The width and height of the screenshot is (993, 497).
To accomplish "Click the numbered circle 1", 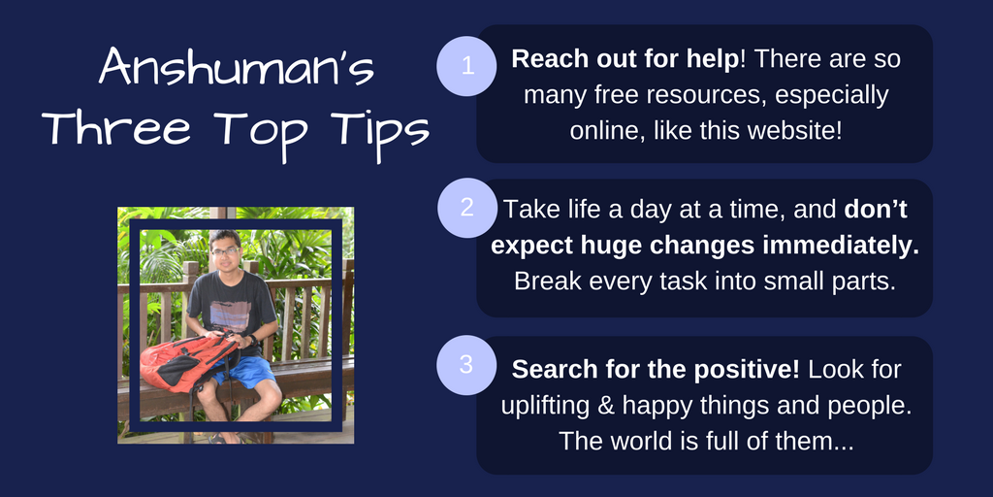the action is pyautogui.click(x=467, y=66).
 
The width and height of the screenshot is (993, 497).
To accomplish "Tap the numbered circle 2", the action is pyautogui.click(x=467, y=208).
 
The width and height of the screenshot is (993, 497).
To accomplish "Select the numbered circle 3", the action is pyautogui.click(x=466, y=365).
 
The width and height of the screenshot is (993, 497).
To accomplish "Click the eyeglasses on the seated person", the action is pyautogui.click(x=225, y=251).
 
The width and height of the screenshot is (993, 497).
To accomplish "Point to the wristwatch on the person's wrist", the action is pyautogui.click(x=253, y=340).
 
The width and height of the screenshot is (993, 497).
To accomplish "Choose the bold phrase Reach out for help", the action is pyautogui.click(x=625, y=59).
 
